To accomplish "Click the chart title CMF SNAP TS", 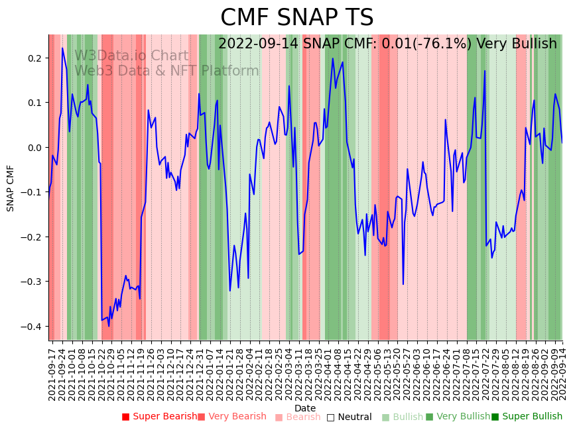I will pyautogui.click(x=296, y=18).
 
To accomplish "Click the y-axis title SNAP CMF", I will pyautogui.click(x=11, y=188).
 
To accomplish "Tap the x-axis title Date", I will pyautogui.click(x=305, y=408).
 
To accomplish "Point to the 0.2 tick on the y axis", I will pyautogui.click(x=34, y=58).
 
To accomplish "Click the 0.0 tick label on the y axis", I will pyautogui.click(x=34, y=148).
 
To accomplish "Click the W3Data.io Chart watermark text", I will pyautogui.click(x=131, y=56).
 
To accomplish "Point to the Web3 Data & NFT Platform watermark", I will pyautogui.click(x=166, y=71).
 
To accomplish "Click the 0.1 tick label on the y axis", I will pyautogui.click(x=34, y=103).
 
